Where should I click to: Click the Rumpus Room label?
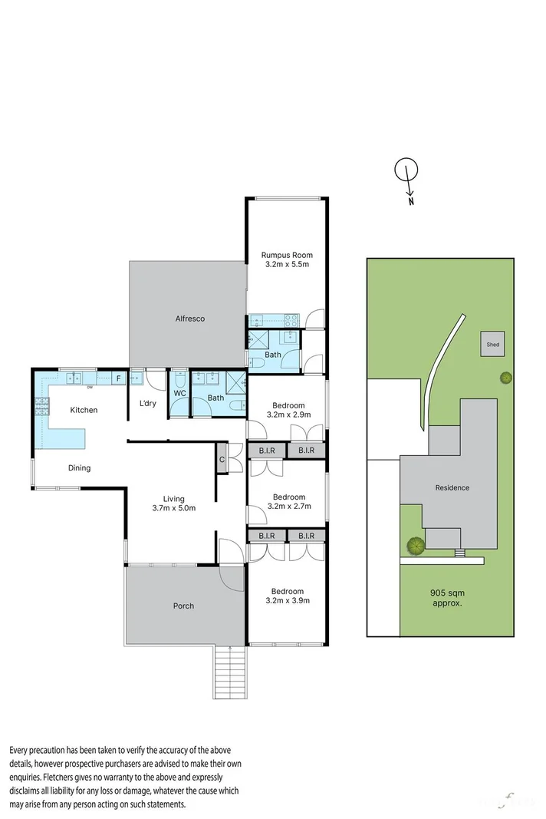tap(287, 256)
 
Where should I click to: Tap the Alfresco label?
tap(189, 319)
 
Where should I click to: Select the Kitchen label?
tap(84, 410)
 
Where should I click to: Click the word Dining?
tap(78, 467)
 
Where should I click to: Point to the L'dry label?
tap(147, 404)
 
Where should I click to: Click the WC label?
tap(179, 393)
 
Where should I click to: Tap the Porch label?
tap(183, 606)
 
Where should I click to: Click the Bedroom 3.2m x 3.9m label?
tap(288, 596)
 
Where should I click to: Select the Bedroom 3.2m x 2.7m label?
tap(288, 502)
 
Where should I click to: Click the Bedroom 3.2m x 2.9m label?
tap(288, 410)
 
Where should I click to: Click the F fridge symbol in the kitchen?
tap(118, 378)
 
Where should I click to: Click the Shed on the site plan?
tap(492, 345)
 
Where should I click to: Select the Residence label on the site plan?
tap(452, 487)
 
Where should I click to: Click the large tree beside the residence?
tap(416, 546)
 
